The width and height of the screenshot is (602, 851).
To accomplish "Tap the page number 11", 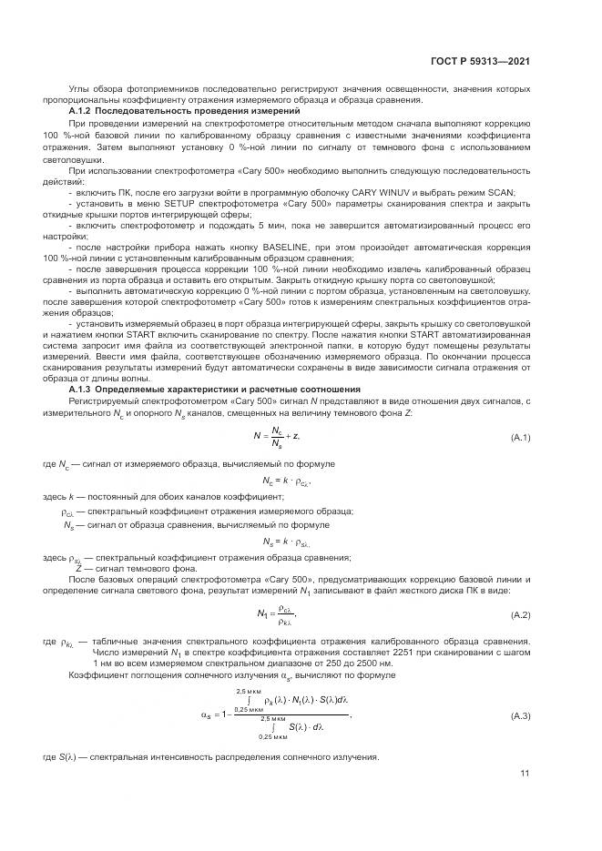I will coord(525,774).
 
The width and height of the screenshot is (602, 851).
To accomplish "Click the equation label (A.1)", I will coord(521,438).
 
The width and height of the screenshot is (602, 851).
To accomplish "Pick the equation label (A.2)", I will coord(521,614).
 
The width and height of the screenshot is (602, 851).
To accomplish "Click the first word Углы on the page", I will coord(82,89).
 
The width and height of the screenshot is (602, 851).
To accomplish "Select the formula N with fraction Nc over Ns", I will coord(277,437).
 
